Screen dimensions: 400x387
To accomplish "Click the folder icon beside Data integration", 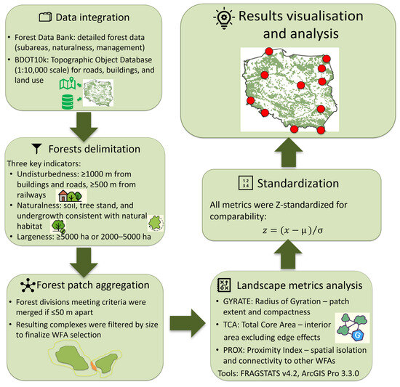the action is click(45, 17).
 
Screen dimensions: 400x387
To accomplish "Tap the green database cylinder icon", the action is click(68, 102).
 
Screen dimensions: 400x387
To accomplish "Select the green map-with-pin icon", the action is click(68, 83).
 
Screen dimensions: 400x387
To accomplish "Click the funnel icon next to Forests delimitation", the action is click(37, 149).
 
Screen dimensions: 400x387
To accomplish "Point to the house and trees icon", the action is click(70, 196).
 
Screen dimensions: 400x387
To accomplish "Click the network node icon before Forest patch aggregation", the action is click(28, 285).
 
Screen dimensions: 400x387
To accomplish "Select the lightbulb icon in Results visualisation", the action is click(224, 17).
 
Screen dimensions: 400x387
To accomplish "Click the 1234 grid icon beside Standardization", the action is click(246, 183).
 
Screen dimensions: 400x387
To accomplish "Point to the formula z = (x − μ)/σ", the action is click(292, 230).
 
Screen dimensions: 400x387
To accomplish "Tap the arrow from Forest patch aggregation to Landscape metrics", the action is click(188, 323).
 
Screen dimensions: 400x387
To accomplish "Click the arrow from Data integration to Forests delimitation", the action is click(84, 127).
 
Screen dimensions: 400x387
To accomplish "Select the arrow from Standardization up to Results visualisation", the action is click(289, 152).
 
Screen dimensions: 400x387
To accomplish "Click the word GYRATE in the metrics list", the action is click(237, 301).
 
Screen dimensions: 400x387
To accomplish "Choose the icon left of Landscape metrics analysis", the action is click(224, 285).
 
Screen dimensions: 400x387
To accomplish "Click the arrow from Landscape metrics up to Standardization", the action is click(288, 254).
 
